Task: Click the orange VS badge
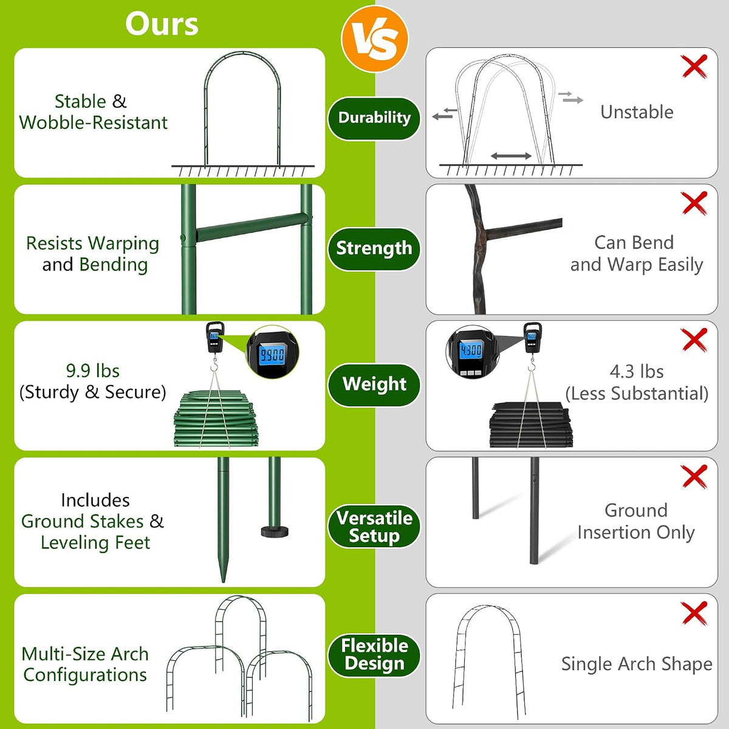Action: coord(374,39)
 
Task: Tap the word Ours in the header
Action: coord(162,24)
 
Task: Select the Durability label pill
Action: coord(374,118)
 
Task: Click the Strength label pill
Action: coord(374,248)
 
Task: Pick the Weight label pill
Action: coord(374,385)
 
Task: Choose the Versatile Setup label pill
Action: coord(374,527)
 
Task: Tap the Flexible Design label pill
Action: coord(374,655)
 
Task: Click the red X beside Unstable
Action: coord(694,66)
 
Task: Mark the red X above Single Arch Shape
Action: coord(694,613)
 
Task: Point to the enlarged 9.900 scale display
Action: coord(272,355)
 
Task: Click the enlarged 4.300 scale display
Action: coord(471,351)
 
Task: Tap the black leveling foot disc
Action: coord(275,532)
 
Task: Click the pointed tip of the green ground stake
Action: coord(223,581)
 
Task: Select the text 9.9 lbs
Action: coord(93,371)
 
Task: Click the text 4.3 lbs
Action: coord(637,372)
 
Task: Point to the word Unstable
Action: coord(637,112)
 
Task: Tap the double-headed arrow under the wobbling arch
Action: coord(511,156)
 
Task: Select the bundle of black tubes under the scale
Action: coord(531,425)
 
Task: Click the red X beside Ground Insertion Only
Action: coord(694,476)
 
